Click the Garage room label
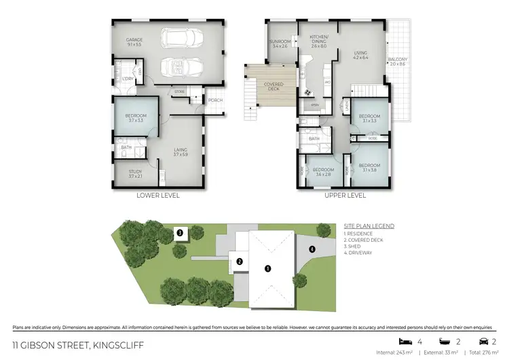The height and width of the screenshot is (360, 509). point(133,41)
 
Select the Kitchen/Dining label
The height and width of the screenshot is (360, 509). point(319,40)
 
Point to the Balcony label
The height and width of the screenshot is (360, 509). point(398,60)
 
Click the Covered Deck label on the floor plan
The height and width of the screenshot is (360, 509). point(274,87)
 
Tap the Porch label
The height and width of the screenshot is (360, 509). point(215,101)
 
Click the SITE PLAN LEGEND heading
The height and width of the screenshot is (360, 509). point(369,226)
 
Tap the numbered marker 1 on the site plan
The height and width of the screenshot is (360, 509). point(267,268)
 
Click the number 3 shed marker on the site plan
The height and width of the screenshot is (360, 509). point(180,233)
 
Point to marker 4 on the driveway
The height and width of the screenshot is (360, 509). point(312,249)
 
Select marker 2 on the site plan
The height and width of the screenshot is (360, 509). point(240,261)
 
